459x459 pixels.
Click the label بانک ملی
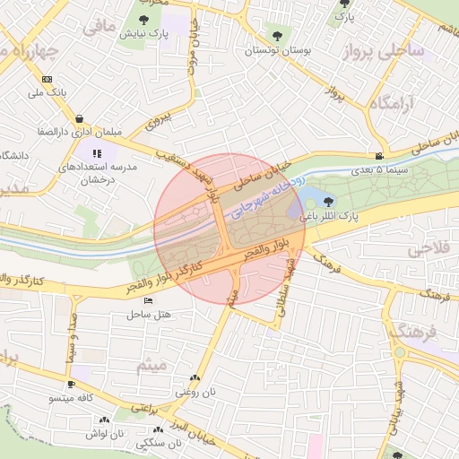(x=48, y=91)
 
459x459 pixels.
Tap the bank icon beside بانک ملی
(x=48, y=79)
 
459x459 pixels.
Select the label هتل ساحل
(x=150, y=314)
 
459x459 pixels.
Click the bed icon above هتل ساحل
(x=148, y=301)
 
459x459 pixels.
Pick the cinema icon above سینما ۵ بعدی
(x=379, y=157)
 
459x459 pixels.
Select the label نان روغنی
(x=195, y=392)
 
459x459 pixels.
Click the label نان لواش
(x=104, y=433)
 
